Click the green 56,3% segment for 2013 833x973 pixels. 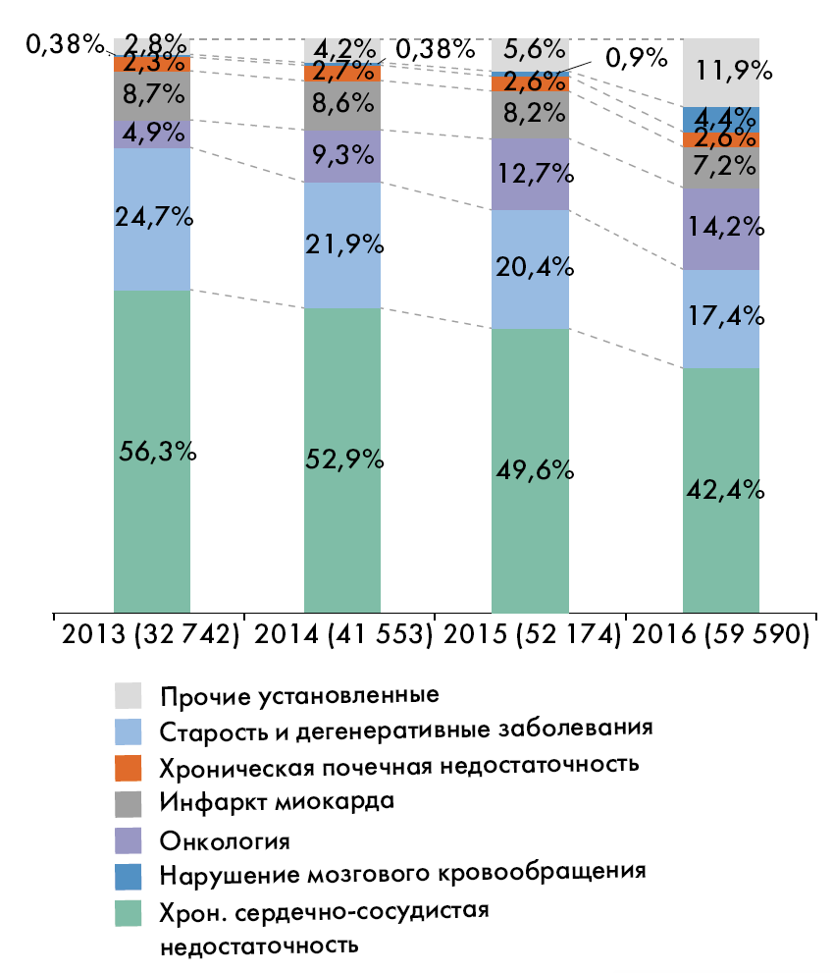click(151, 452)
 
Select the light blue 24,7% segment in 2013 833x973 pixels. click(151, 219)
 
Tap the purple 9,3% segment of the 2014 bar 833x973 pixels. click(341, 157)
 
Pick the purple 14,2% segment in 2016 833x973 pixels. click(720, 229)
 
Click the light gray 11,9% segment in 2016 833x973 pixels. click(720, 72)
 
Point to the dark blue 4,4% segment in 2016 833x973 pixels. click(720, 119)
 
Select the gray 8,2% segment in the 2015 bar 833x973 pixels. click(530, 115)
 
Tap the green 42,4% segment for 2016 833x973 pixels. click(720, 489)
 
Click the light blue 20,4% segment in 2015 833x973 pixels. click(530, 269)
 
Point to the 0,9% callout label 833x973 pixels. click(636, 58)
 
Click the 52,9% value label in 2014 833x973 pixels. click(341, 459)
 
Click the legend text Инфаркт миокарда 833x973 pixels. click(277, 801)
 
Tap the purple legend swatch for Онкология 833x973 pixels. click(129, 838)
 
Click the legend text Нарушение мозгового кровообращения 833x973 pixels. click(402, 872)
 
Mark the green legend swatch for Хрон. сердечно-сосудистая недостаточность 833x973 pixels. click(129, 912)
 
